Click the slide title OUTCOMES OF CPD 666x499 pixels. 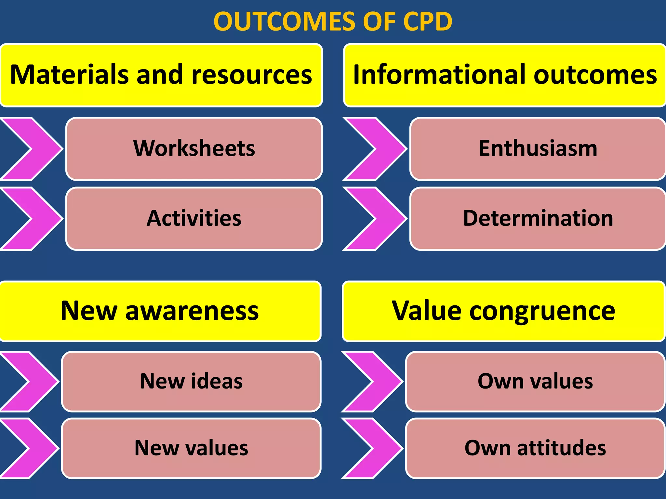coord(333,21)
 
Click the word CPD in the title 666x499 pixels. coord(427,21)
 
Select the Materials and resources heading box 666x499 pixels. coord(161,75)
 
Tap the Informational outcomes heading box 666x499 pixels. coord(505,75)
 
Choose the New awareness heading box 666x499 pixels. coord(160,311)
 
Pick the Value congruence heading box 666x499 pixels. coord(503,311)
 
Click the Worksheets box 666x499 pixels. coord(194,148)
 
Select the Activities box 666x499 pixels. coord(194,218)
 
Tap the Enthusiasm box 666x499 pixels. coord(538,148)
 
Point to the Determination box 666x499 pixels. coord(538,218)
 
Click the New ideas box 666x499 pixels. coord(191,381)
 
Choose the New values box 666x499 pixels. coord(191,448)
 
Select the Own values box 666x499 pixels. coord(535,381)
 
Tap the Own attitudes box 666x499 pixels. coord(535,448)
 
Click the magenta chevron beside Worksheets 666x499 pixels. coord(39,148)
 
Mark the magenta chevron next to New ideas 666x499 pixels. coord(36,381)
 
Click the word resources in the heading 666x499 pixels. coord(252,75)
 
